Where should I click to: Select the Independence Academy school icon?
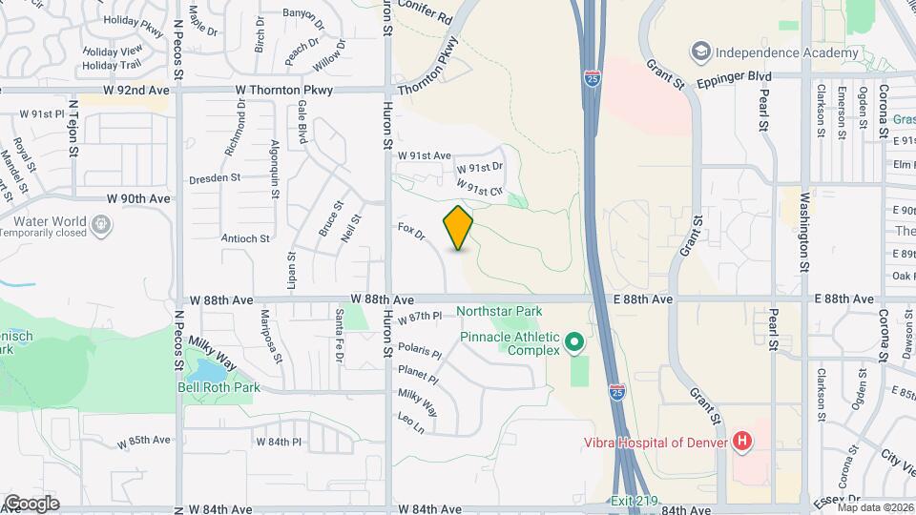point(701,51)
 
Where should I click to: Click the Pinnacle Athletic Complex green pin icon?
point(573,340)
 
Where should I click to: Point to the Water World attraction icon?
point(102,225)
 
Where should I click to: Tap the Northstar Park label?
point(499,311)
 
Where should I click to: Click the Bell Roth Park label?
point(219,387)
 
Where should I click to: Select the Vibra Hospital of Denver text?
point(657,442)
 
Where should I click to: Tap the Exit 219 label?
point(635,502)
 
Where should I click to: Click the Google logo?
point(31,503)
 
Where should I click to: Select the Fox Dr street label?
point(411,232)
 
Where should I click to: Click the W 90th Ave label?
point(138,198)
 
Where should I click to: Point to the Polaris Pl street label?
point(420,351)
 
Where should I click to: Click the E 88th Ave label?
point(844,299)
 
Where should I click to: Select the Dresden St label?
point(217,177)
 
